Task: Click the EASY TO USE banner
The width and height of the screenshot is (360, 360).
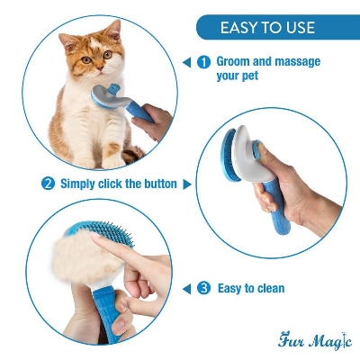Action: point(267,27)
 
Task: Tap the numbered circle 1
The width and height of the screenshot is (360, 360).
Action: point(203,62)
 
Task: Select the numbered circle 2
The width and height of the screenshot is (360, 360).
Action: point(48,184)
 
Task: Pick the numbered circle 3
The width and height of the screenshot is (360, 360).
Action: point(203,288)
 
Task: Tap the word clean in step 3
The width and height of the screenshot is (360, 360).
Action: point(268,288)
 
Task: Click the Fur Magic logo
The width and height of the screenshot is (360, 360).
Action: point(314,341)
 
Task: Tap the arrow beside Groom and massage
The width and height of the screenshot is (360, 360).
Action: point(186,62)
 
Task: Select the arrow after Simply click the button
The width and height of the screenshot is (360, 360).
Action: point(187,184)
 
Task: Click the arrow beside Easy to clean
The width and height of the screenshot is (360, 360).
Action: point(186,288)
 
